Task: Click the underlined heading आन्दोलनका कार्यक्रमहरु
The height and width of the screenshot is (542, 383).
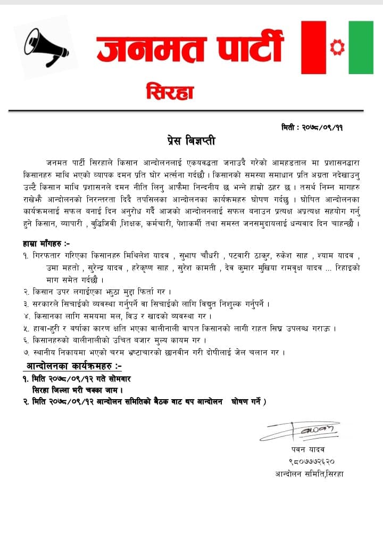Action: [74, 366]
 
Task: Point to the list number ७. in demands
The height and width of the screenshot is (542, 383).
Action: [26, 351]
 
